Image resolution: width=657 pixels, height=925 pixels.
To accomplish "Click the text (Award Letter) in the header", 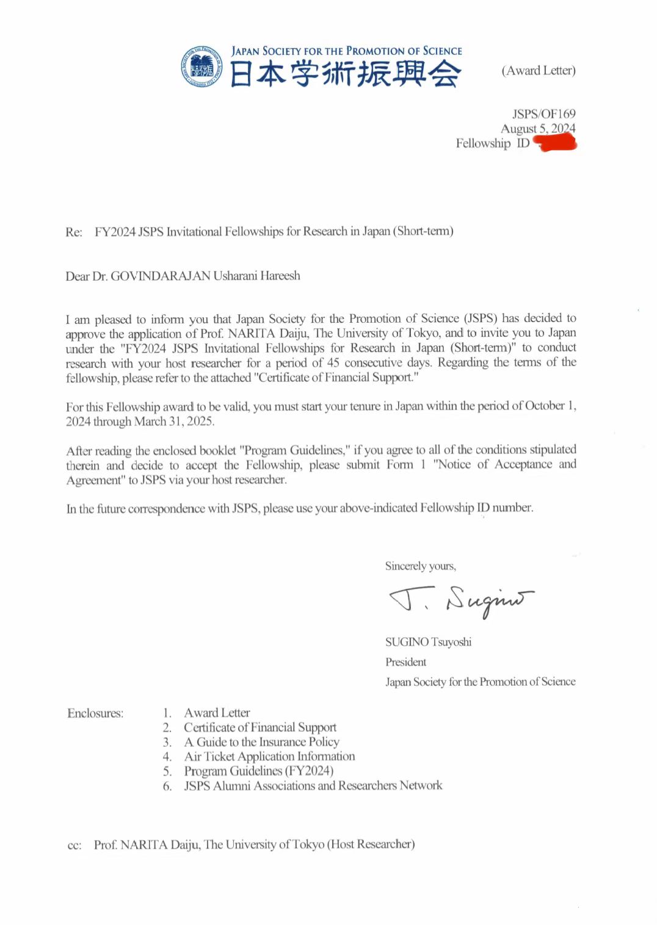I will tap(539, 71).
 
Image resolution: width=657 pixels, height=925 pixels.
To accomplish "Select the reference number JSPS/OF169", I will tap(543, 114).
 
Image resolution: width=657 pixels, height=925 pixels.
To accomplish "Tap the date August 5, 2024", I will tap(537, 129).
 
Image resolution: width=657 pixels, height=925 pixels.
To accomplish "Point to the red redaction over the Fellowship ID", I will tap(555, 143).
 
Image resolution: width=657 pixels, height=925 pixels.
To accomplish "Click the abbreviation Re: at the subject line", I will tap(74, 232).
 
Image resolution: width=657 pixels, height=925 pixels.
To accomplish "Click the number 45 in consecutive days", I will tap(333, 362).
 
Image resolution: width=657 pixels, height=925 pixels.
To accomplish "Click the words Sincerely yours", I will tap(420, 566).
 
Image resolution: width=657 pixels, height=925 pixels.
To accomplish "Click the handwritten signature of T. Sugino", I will tap(461, 601).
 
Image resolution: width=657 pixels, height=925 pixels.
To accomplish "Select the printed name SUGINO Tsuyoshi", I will tap(428, 642).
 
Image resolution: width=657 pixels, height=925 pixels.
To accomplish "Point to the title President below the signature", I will tap(405, 662).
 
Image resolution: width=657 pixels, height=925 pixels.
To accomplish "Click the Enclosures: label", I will tap(95, 713).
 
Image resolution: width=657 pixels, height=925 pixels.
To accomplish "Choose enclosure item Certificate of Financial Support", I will tap(260, 727).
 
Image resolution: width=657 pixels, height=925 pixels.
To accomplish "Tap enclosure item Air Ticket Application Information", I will tap(269, 757).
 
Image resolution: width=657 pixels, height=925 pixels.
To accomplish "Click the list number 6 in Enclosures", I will tap(167, 786).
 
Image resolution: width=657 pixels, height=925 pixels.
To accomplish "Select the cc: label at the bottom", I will tap(74, 846).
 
